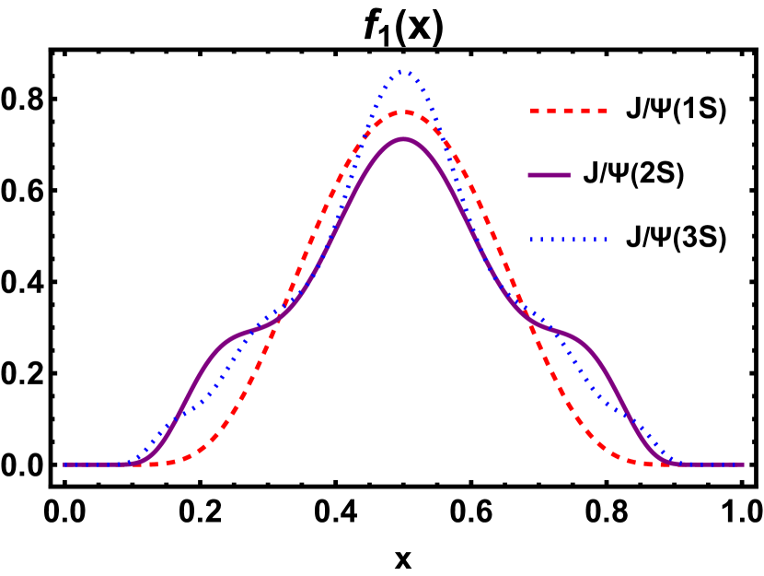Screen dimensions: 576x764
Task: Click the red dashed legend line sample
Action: coord(568,111)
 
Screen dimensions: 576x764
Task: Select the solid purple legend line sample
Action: coord(549,175)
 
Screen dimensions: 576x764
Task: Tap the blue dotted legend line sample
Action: coord(568,240)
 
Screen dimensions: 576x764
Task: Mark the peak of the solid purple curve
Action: coord(403,139)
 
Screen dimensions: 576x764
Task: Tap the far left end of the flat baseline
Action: coord(64,464)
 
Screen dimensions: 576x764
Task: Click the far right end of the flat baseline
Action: coord(743,464)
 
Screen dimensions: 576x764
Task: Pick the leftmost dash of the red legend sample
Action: coord(535,111)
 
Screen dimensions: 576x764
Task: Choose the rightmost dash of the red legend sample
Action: coord(601,111)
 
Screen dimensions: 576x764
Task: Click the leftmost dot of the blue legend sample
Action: coord(531,240)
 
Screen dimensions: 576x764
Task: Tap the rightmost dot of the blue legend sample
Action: coord(605,240)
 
